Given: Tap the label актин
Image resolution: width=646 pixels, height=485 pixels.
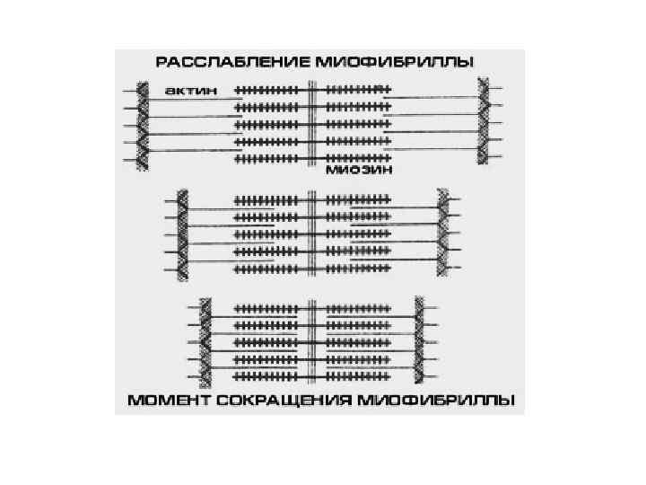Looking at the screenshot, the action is [186, 91].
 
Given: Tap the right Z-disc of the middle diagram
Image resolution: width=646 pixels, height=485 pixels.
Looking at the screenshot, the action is [441, 230].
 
